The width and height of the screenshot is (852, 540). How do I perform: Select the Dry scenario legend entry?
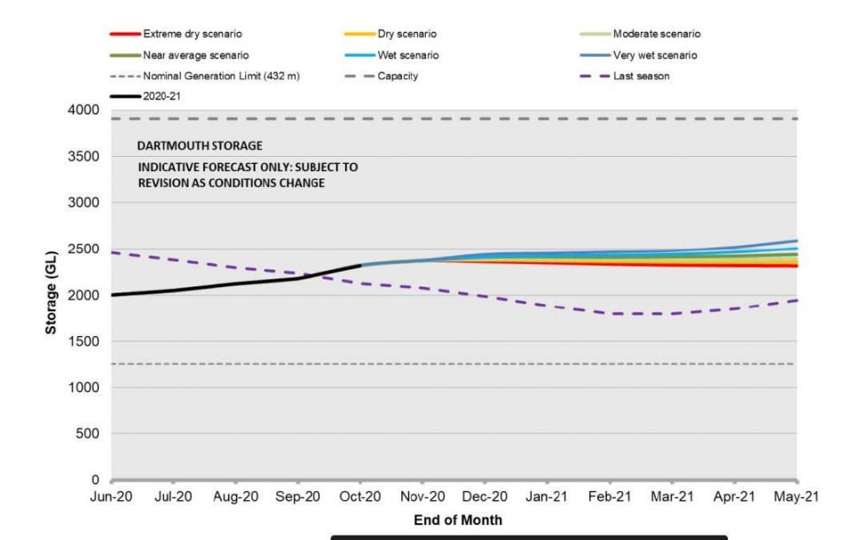(x=407, y=34)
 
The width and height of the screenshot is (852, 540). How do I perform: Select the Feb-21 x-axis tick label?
(x=610, y=498)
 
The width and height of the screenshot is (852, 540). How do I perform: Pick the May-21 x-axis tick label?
(x=796, y=498)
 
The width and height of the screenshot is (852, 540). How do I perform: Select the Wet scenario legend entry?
(x=409, y=55)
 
